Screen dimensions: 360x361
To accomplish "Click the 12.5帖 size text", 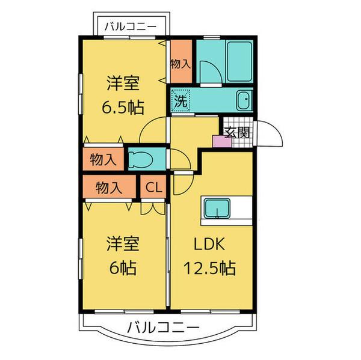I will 210,267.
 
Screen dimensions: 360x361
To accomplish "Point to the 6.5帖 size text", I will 122,108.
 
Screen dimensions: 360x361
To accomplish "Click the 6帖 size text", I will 122,267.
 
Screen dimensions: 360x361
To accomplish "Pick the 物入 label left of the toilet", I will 103,160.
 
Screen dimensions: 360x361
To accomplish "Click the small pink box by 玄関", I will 218,141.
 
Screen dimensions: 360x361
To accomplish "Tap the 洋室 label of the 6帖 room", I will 123,244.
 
